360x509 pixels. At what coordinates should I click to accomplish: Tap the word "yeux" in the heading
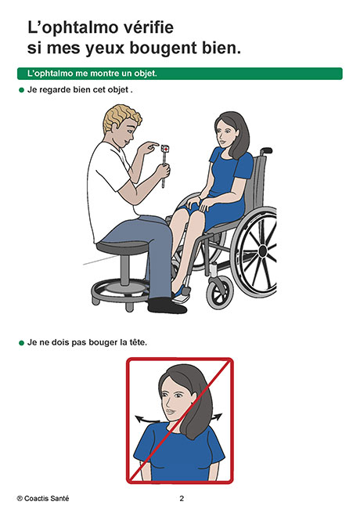coord(105,49)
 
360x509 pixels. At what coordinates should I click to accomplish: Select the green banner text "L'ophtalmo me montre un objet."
coord(92,74)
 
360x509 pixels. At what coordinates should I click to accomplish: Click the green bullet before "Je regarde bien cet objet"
coord(21,90)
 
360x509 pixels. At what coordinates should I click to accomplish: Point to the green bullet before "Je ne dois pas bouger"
coord(21,343)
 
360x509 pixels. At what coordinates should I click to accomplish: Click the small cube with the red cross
coord(165,148)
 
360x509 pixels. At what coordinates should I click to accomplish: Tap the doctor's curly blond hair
coord(121,117)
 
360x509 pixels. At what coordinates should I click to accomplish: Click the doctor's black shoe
coord(167,306)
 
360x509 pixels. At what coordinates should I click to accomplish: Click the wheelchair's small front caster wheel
coord(220,293)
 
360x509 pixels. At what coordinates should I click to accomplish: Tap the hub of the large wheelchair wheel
coord(263,251)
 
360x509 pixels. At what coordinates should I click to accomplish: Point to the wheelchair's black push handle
coord(266,150)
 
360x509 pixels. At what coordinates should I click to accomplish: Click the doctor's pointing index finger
coord(152,144)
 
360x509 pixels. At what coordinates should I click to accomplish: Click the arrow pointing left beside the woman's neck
coord(148,419)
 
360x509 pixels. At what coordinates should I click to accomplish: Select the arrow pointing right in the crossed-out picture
coord(216,417)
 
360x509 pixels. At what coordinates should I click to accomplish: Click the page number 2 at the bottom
coord(182,498)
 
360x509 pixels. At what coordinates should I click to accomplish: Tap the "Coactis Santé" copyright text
coord(43,498)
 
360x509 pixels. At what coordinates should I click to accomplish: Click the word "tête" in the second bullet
coord(137,342)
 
